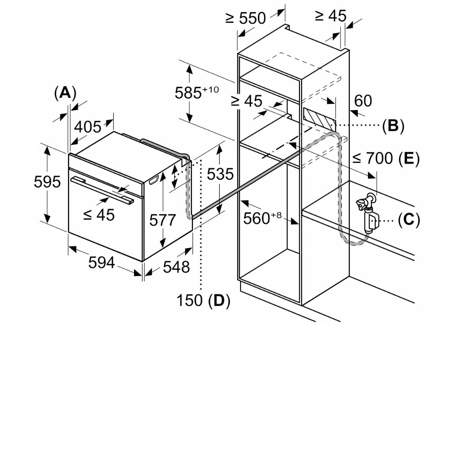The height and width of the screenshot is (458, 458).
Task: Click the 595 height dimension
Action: (x=47, y=182)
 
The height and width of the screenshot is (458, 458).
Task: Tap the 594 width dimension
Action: (x=101, y=263)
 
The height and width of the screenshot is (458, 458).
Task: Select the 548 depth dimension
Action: (x=176, y=267)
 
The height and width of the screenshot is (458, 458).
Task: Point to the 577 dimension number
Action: (x=163, y=220)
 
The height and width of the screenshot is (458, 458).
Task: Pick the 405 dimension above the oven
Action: (x=88, y=126)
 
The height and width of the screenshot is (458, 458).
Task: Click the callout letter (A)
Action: (x=65, y=92)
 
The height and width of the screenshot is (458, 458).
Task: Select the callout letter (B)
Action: (x=393, y=126)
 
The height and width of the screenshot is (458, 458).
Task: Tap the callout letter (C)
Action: (x=408, y=220)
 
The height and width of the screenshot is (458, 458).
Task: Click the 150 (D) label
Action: (x=203, y=300)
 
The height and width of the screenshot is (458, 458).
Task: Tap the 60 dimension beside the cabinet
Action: (x=363, y=101)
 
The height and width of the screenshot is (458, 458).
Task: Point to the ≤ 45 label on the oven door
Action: (x=99, y=215)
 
